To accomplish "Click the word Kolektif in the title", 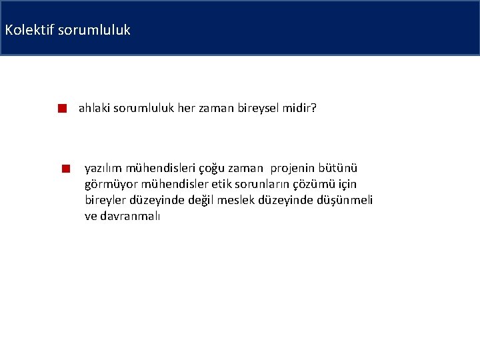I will [24, 30].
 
